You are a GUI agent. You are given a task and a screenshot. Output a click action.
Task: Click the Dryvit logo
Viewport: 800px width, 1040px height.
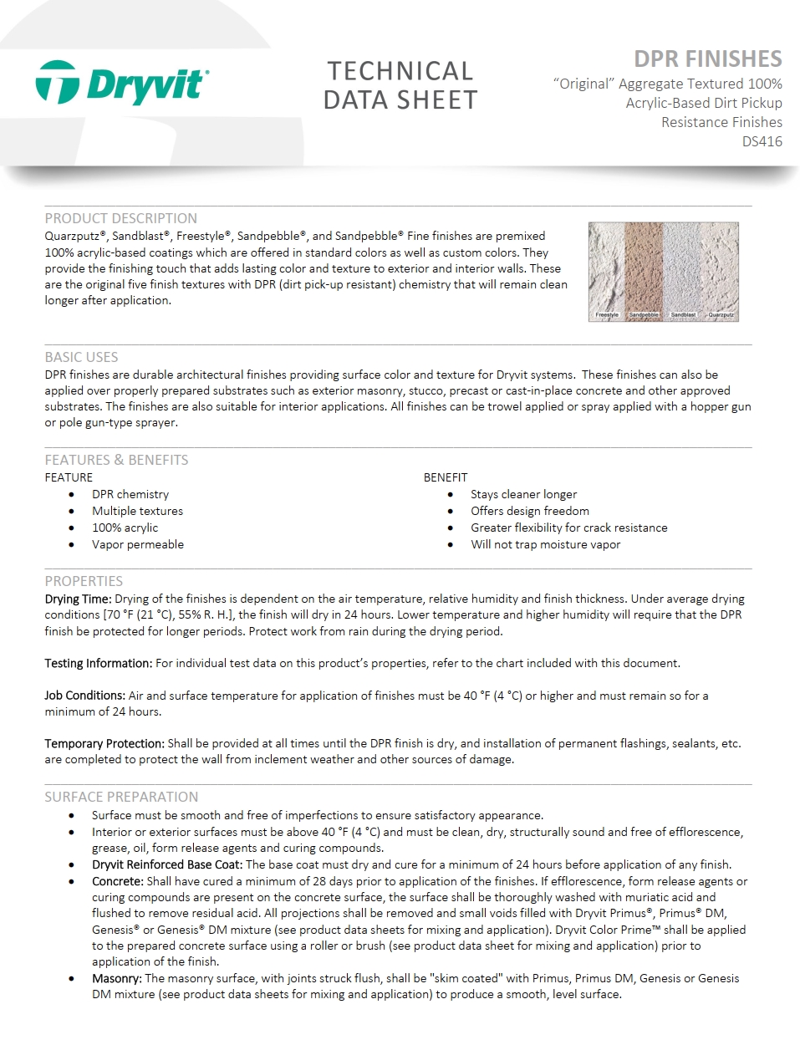click(x=122, y=84)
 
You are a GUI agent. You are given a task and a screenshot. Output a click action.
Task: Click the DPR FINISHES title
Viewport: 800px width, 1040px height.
click(x=707, y=59)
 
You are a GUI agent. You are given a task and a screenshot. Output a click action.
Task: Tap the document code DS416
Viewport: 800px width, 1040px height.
click(x=762, y=141)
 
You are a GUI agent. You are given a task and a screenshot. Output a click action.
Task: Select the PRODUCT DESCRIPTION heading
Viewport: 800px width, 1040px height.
click(x=121, y=218)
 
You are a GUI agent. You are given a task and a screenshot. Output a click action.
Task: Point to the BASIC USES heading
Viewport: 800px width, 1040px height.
click(x=81, y=357)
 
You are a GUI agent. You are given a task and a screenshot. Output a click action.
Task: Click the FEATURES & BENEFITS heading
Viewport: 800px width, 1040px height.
click(x=116, y=460)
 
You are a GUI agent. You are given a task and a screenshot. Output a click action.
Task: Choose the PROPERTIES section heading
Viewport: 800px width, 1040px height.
click(x=84, y=581)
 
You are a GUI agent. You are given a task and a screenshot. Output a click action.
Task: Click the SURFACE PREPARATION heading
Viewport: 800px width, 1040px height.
click(x=121, y=797)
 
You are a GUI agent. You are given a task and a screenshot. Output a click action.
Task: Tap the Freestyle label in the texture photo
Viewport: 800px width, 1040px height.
click(x=607, y=315)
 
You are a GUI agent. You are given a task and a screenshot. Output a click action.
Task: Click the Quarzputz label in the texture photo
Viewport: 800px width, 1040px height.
click(x=721, y=315)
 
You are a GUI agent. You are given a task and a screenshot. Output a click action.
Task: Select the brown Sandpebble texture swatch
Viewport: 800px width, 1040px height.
click(x=644, y=268)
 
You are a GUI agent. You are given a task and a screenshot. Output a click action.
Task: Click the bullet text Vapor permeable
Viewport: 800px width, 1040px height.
click(x=138, y=544)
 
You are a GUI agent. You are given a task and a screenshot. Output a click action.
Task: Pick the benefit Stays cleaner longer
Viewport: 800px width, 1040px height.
click(x=523, y=494)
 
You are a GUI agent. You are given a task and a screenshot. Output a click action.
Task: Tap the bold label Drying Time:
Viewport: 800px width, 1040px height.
click(x=78, y=599)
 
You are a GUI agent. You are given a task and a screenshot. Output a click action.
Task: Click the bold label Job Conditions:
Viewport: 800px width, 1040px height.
click(x=84, y=696)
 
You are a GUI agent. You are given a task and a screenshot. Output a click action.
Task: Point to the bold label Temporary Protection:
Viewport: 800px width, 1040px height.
click(x=104, y=743)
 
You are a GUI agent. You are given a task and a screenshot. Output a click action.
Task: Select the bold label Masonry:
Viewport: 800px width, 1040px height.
click(x=116, y=978)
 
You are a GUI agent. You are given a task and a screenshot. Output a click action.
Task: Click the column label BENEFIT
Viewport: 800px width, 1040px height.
click(x=446, y=477)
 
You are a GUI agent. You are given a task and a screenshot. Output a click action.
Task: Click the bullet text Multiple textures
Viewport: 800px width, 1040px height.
click(x=137, y=511)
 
